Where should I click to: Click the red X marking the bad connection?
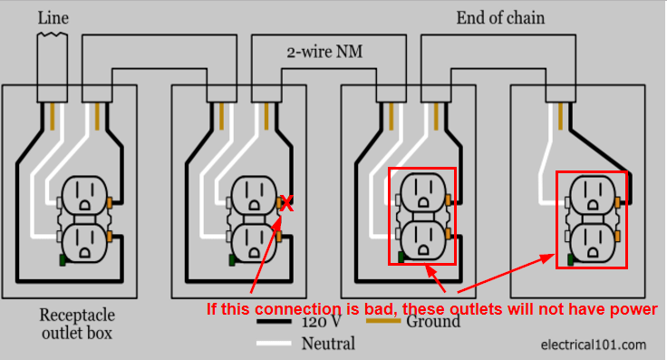tap(286, 203)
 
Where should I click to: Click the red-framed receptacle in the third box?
tap(421, 217)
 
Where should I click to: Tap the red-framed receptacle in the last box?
tap(591, 219)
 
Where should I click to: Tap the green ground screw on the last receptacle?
tap(568, 260)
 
